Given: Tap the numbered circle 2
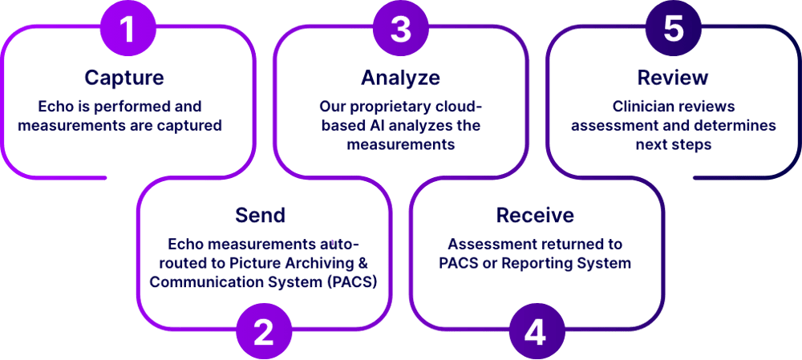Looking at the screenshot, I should [x=262, y=330].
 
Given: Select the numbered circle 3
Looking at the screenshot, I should [x=399, y=29].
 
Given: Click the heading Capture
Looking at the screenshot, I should [x=124, y=78].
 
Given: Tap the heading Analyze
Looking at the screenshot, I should [x=399, y=78].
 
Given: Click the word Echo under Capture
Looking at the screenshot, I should [x=55, y=106].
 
